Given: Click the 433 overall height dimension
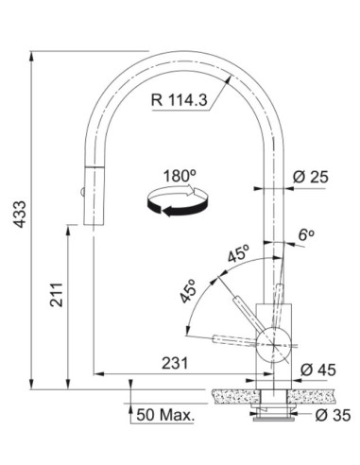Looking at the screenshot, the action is pos(21,214).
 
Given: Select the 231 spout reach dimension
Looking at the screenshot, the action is pos(175,363).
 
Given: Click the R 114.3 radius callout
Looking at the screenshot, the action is pos(180,100).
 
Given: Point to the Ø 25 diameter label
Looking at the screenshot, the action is pos(311,177).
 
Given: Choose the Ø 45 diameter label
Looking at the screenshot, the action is pos(318,370).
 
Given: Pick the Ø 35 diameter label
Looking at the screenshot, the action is pos(333,416).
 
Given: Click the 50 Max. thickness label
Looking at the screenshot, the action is pos(165,415).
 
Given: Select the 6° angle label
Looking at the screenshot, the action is pos(306,234).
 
